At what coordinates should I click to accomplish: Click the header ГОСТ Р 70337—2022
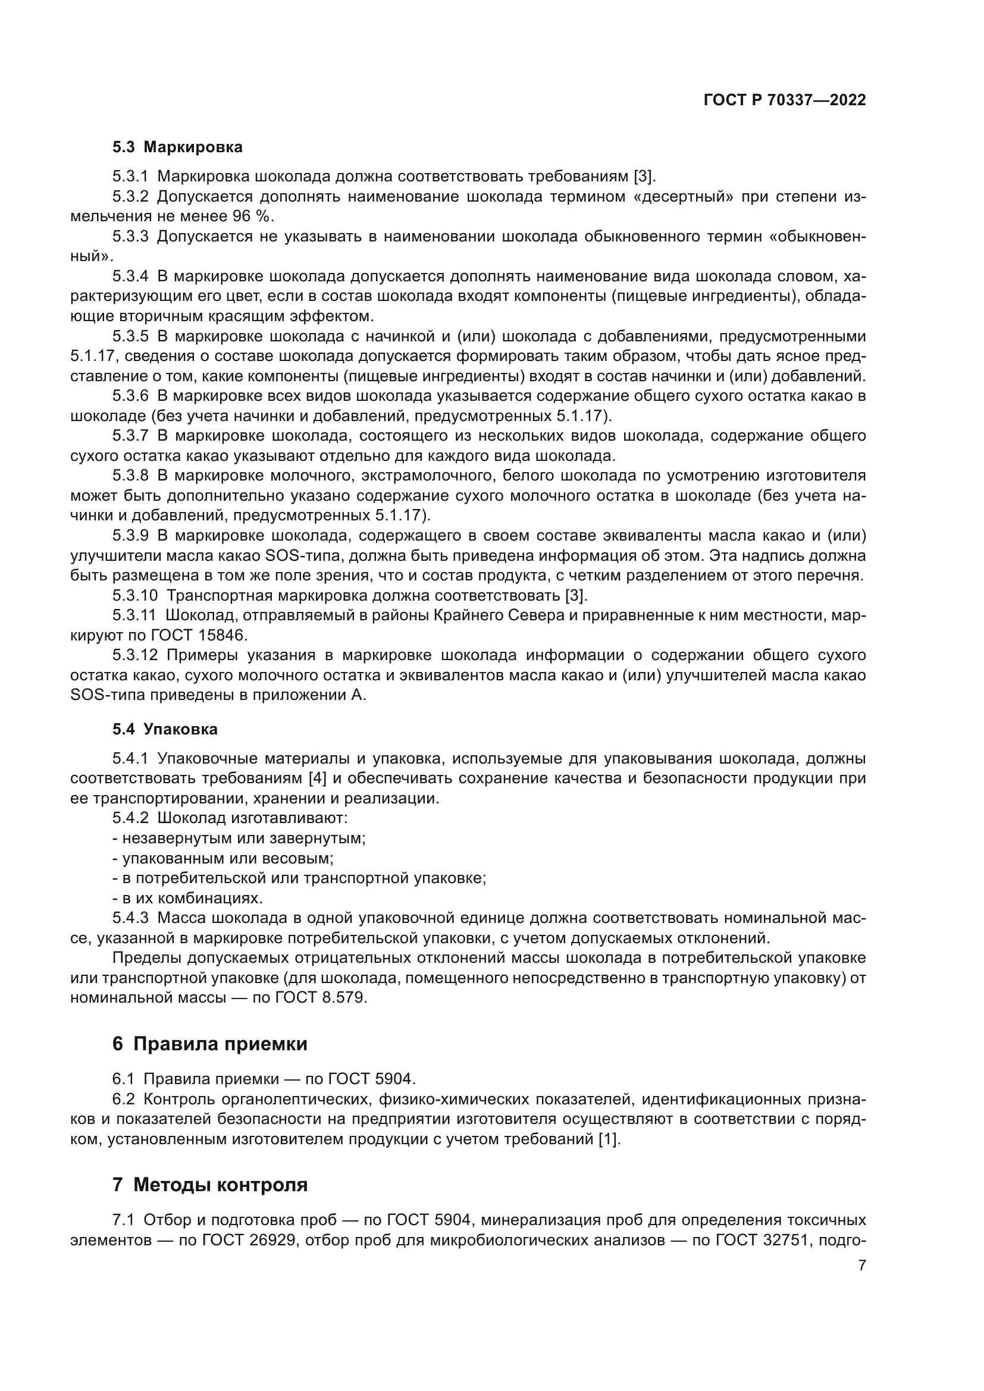point(785,100)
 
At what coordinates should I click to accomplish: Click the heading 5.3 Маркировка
point(177,147)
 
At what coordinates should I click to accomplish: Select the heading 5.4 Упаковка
point(165,729)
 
